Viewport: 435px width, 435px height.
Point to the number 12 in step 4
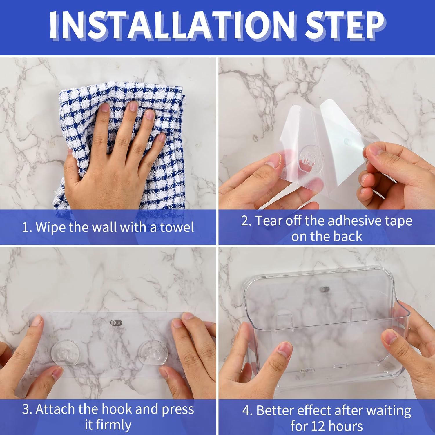318,426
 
